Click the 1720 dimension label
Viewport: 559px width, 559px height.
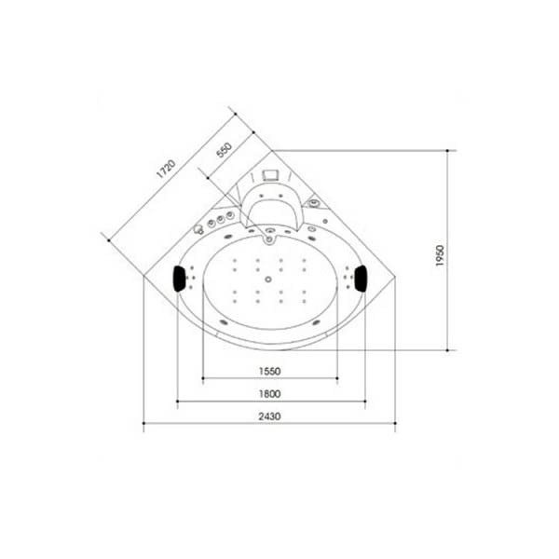(x=165, y=170)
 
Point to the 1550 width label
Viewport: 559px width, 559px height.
(x=269, y=370)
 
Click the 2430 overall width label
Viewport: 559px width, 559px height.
(x=269, y=416)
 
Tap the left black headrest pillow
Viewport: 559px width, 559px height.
(x=177, y=277)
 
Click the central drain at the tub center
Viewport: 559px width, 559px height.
(x=269, y=277)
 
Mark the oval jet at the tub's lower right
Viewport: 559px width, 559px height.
(x=319, y=322)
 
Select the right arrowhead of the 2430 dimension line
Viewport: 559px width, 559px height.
(x=396, y=427)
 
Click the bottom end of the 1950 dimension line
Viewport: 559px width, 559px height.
(x=452, y=348)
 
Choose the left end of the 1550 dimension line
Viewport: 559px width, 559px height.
(x=201, y=379)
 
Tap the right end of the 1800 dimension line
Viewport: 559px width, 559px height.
(x=365, y=403)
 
